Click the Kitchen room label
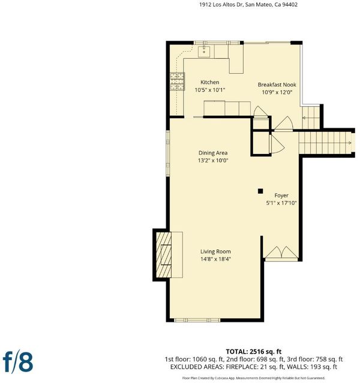[209, 82]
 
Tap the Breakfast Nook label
[277, 85]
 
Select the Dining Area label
[213, 153]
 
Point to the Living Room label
[215, 252]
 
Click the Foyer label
[281, 195]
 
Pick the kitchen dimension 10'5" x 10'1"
[209, 90]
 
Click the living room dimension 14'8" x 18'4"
[215, 259]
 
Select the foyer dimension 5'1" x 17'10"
[281, 203]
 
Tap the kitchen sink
[204, 52]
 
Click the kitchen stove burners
[177, 82]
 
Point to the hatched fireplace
[164, 255]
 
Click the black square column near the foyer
[260, 191]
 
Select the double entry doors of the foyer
[281, 253]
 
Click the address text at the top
[248, 5]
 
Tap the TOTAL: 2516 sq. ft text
[254, 351]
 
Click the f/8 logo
[18, 363]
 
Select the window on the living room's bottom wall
[197, 320]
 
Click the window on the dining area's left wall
[168, 153]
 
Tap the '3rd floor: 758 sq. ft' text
[316, 359]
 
